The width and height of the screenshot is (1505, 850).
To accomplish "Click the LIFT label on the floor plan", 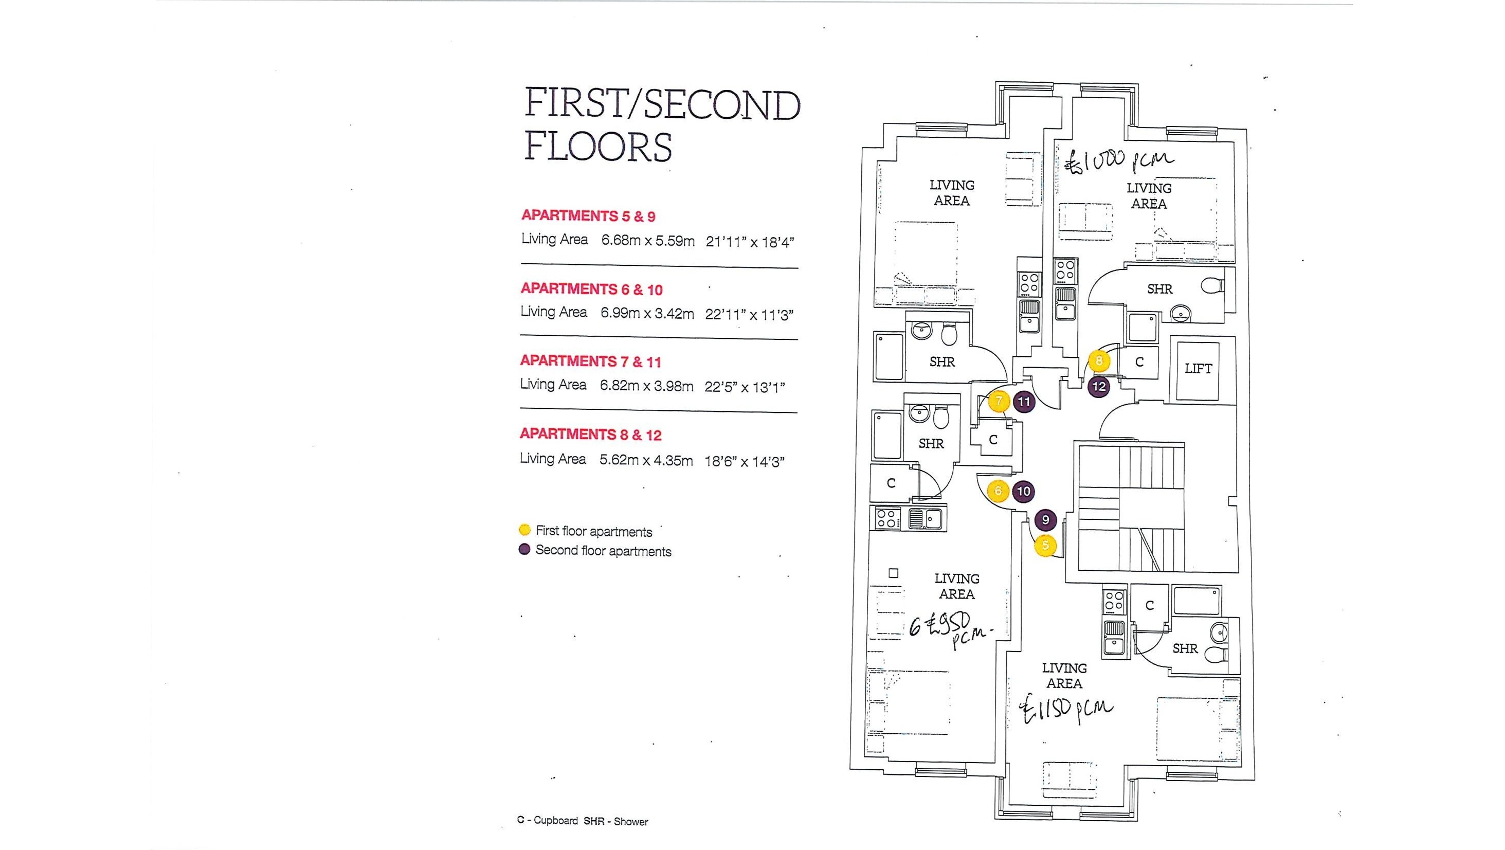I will (x=1198, y=369).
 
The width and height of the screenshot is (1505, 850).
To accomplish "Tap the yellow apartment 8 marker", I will (x=1098, y=361).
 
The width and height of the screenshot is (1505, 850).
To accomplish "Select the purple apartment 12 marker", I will (x=1099, y=386).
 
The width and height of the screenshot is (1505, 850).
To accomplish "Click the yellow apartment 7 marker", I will (x=999, y=401).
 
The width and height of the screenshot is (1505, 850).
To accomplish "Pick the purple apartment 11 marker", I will (x=1024, y=401).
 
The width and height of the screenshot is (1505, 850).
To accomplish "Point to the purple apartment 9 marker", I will (x=1045, y=520).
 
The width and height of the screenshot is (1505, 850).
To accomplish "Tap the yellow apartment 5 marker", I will (x=1045, y=546).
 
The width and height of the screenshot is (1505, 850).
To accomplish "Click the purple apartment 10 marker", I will (x=1023, y=491).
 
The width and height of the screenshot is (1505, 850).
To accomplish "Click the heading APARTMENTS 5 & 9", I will (x=588, y=215).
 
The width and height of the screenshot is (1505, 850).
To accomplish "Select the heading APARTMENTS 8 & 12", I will (x=591, y=435).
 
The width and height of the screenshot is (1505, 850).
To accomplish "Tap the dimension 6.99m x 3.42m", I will (x=647, y=314).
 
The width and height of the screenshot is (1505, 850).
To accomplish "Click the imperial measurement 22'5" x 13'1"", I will (x=745, y=387).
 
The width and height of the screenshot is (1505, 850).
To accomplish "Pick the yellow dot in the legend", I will (x=524, y=530).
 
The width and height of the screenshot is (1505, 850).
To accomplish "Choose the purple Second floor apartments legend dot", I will (x=524, y=550).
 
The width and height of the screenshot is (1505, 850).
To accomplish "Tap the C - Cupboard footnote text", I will (x=547, y=821).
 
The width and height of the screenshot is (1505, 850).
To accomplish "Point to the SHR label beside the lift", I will (x=1159, y=289).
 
